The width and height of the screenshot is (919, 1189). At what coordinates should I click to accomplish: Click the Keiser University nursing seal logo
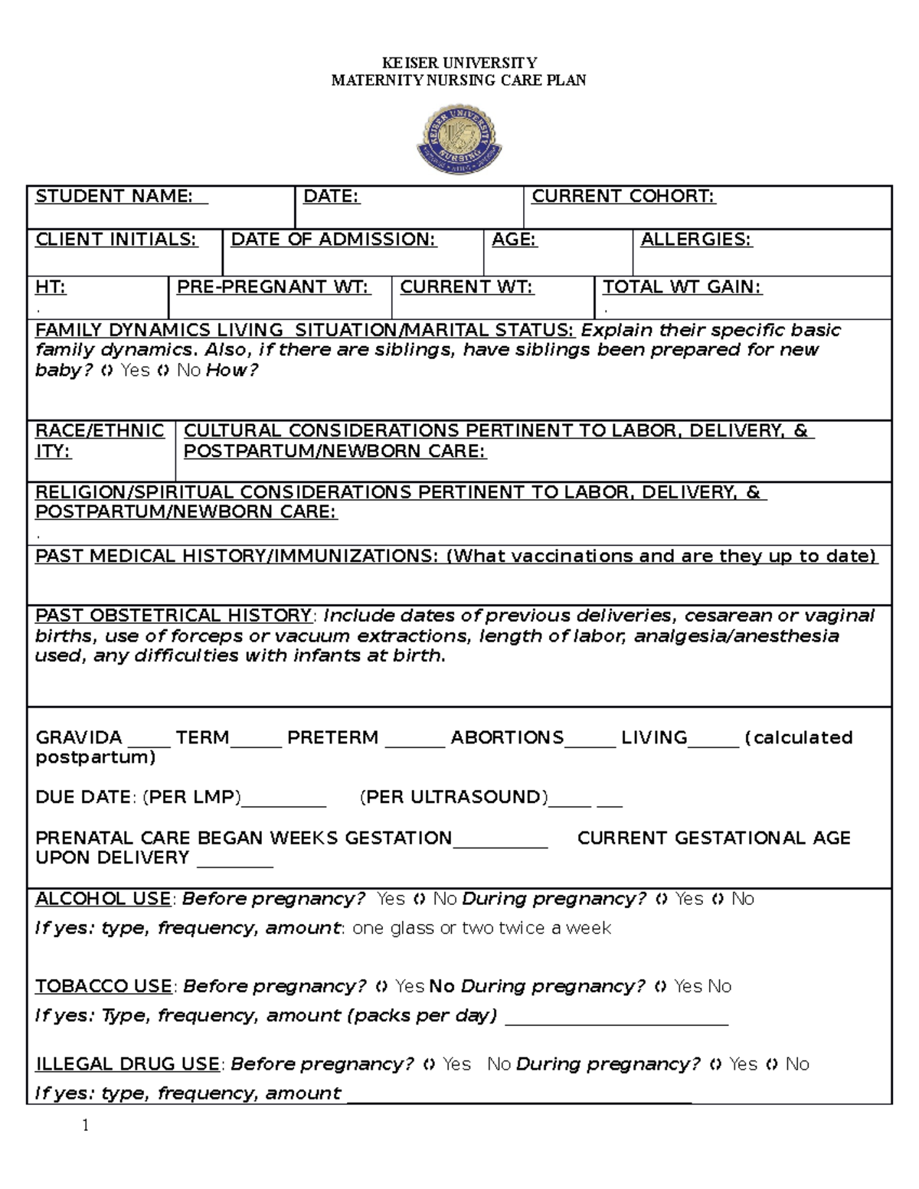(x=459, y=140)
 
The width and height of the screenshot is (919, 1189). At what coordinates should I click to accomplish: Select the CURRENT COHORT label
(x=623, y=197)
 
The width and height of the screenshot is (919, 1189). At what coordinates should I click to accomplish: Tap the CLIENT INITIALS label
(x=116, y=240)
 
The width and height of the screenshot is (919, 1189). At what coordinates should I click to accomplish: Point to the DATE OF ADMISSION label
(x=333, y=240)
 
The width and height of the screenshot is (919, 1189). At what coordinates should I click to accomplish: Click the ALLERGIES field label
(x=695, y=240)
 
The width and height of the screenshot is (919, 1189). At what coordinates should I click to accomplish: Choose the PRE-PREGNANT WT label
(x=273, y=287)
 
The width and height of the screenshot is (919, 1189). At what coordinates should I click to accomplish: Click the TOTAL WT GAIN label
(x=682, y=287)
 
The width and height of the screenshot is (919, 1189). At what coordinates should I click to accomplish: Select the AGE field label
(x=514, y=240)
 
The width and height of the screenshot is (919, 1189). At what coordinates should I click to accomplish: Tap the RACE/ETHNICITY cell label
(x=100, y=441)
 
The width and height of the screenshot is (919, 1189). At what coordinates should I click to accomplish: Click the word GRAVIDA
(x=79, y=738)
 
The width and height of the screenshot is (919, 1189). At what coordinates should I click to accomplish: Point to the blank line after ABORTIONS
(x=590, y=743)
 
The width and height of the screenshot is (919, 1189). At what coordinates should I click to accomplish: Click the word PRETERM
(x=332, y=738)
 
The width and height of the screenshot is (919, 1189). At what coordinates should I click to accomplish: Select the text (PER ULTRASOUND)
(x=454, y=797)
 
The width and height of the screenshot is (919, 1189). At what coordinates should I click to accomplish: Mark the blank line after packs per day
(x=616, y=1022)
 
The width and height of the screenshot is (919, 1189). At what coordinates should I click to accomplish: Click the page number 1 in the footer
(x=86, y=1125)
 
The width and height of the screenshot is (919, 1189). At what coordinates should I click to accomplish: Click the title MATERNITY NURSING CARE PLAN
(x=459, y=80)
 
